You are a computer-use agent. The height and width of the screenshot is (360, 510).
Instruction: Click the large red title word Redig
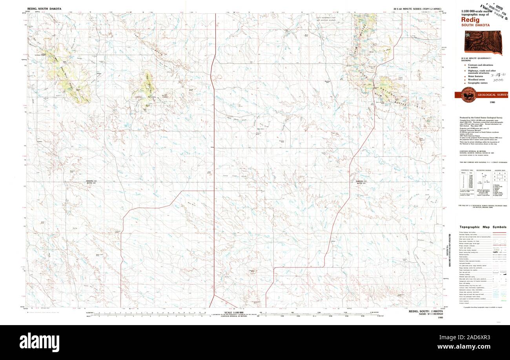point(470,19)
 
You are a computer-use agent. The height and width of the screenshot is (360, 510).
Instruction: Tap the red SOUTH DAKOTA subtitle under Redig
point(475,25)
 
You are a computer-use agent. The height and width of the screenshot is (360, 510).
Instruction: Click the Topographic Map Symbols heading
point(483,227)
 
